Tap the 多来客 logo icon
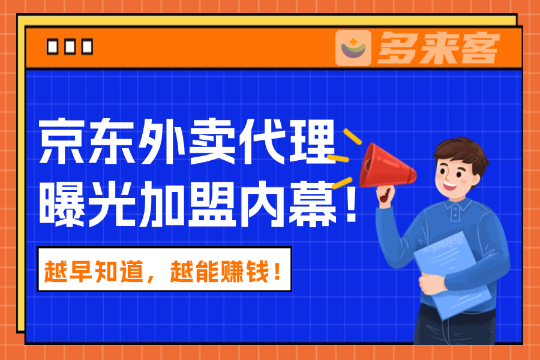[353, 47]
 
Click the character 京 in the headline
[61, 140]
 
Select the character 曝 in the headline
[62, 203]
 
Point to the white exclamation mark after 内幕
[351, 203]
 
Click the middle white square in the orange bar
[70, 47]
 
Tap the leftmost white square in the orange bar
[52, 47]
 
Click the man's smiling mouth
[450, 186]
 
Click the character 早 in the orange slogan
[80, 272]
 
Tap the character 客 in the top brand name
[481, 47]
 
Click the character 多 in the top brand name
[396, 47]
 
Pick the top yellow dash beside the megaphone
[352, 136]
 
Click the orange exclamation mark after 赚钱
[278, 272]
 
